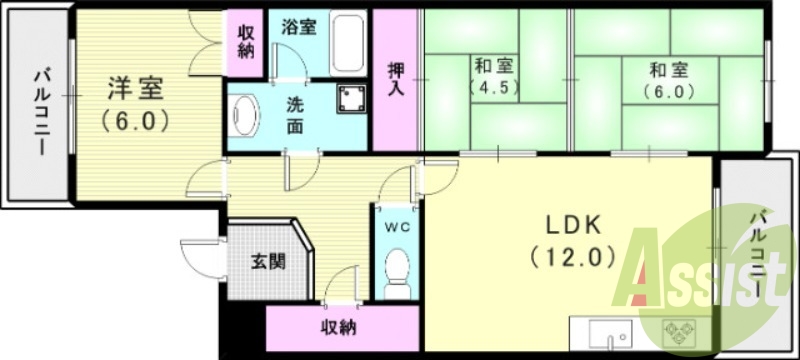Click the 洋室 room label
coord(136,89)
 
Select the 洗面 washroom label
coord(298,114)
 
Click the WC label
coord(397,226)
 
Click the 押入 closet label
coord(396,78)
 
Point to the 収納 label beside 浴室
coord(245,39)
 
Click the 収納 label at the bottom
coord(341,327)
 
